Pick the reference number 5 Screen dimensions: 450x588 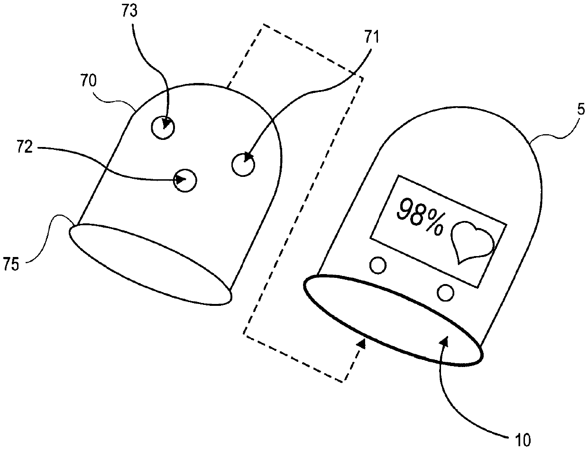(x=581, y=110)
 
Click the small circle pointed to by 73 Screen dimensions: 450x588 (x=163, y=128)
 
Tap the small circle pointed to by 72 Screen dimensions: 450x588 (x=185, y=180)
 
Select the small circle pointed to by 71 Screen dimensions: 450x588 (x=243, y=165)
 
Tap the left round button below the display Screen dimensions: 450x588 (x=378, y=266)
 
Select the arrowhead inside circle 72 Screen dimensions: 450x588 (x=181, y=180)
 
